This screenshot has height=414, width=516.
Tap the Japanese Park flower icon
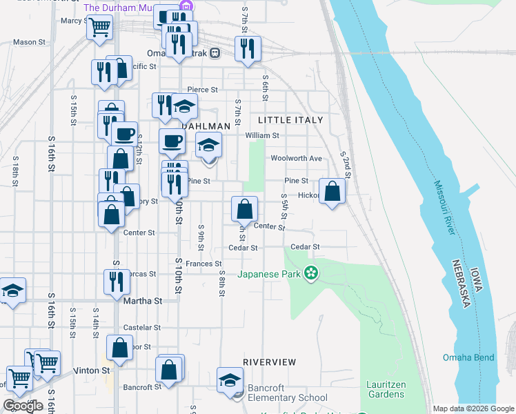point(311,274)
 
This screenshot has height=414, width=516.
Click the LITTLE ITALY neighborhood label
point(290,120)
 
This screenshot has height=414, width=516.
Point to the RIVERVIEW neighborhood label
point(269,362)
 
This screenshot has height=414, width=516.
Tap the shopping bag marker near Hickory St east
point(333,192)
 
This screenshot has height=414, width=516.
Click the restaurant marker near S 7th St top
point(247,48)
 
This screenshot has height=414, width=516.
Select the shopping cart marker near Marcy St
point(101,28)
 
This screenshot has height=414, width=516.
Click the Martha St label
point(142,301)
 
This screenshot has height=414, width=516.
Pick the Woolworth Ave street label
point(297,158)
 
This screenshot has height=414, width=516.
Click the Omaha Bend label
point(468,357)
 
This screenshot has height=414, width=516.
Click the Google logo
point(22,405)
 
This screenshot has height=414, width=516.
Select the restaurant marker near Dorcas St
point(117,282)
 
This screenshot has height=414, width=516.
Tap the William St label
point(263,136)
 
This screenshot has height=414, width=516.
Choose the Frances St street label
point(204,264)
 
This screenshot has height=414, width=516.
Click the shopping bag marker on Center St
point(244,208)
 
